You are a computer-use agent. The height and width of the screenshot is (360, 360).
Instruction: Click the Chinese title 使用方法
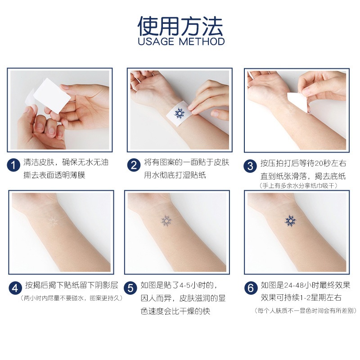[x=180, y=26]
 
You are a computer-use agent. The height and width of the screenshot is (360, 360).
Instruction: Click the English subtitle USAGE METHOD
[x=180, y=42]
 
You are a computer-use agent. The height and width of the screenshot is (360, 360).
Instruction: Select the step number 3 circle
[x=251, y=166]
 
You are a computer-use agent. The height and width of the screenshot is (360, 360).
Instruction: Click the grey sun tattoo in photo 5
[x=167, y=220]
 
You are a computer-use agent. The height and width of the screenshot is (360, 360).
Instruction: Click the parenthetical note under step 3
[x=298, y=185]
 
